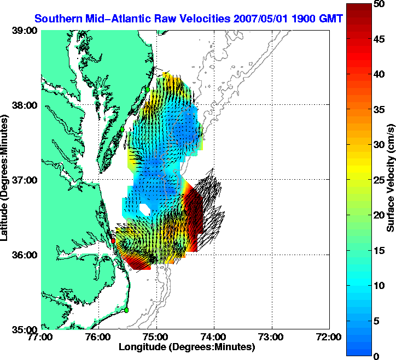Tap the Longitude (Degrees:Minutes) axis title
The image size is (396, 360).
pos(187,347)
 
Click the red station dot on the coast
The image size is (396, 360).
pos(113,240)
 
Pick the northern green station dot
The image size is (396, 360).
pos(147,89)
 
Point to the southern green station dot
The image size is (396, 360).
pos(126,310)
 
